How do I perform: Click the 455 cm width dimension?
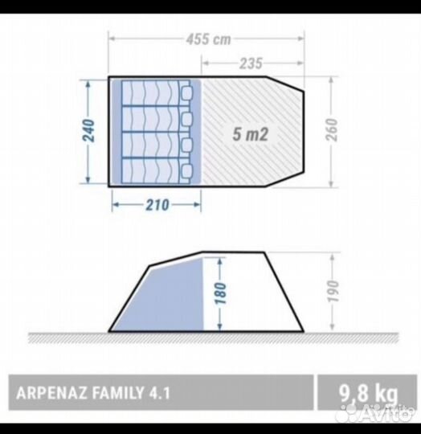(208, 39)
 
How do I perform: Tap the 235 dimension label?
(251, 63)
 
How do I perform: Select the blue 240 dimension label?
(89, 130)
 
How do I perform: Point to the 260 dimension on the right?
(332, 129)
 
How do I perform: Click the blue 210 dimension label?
(157, 205)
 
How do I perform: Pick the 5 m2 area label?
(251, 134)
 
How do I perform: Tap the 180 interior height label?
(221, 293)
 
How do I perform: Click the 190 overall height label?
(333, 291)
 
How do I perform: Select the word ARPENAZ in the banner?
(51, 393)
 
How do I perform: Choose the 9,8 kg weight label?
(368, 393)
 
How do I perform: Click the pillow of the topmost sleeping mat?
(186, 93)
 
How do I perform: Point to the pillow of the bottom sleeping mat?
(186, 170)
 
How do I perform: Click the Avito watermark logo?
(379, 412)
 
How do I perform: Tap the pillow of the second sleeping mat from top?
(186, 119)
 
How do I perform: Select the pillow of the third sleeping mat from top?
(186, 145)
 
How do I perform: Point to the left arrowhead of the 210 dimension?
(116, 205)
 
